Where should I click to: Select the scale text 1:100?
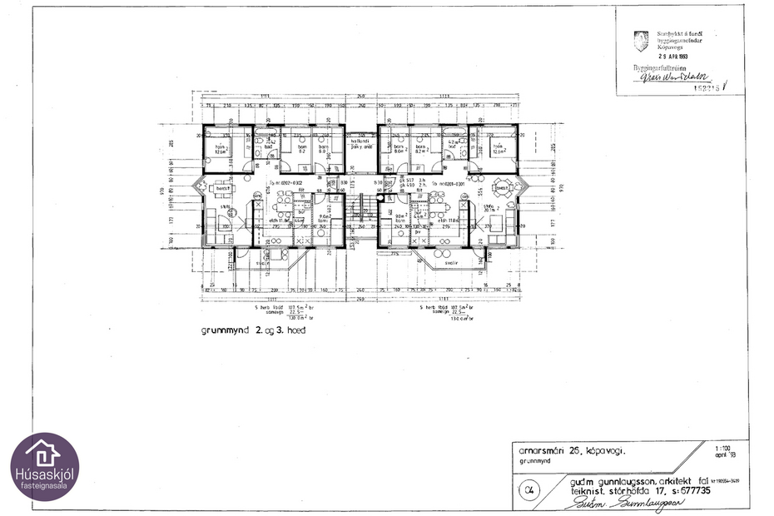click(725, 448)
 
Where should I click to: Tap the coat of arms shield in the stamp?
click(641, 37)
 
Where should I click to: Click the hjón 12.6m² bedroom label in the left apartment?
click(221, 151)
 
